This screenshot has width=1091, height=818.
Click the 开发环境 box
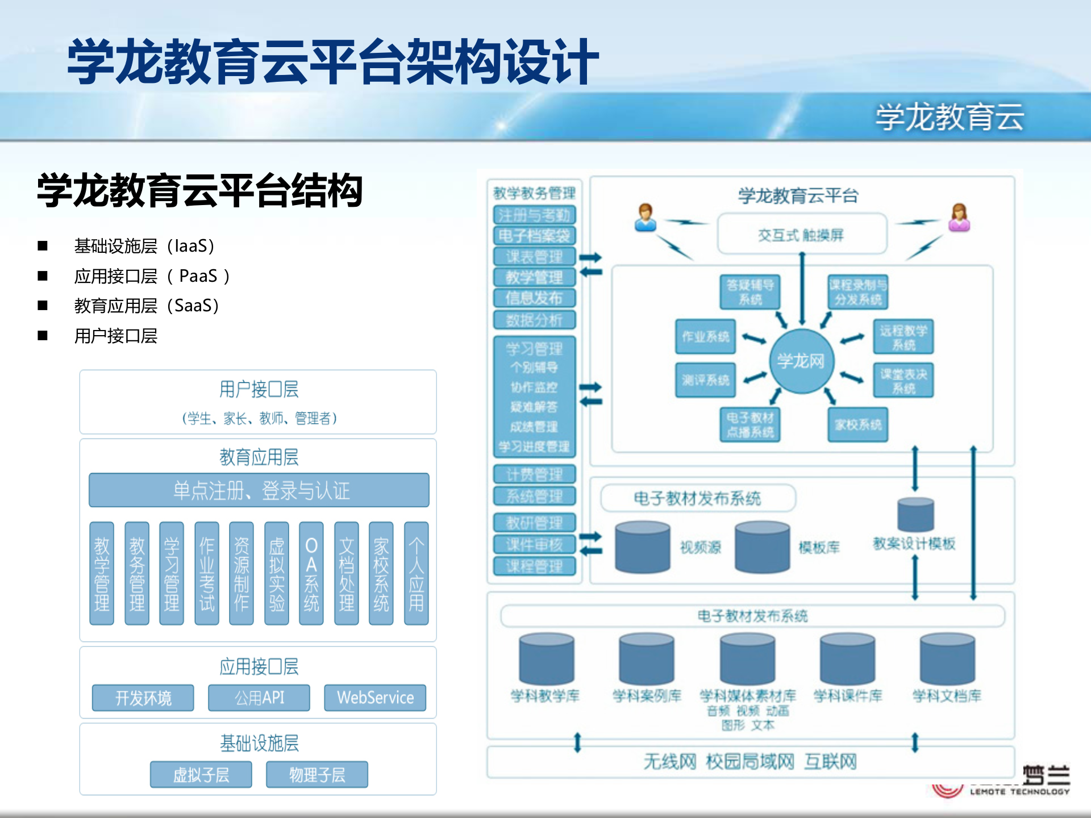(143, 698)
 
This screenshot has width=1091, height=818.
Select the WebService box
(375, 698)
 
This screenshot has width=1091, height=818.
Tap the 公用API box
(259, 698)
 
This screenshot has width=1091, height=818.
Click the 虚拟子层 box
(201, 775)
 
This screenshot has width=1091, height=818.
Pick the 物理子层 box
(317, 775)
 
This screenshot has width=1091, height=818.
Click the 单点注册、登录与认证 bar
(259, 490)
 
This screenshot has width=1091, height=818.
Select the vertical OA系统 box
(311, 574)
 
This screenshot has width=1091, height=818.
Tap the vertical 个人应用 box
(416, 574)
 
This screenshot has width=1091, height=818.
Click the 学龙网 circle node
(801, 361)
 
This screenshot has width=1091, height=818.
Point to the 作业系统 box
(705, 337)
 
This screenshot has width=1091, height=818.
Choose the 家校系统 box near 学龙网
(858, 424)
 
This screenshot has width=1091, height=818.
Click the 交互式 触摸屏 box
(801, 234)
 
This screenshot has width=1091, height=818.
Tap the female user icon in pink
(959, 218)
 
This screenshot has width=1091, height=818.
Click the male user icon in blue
(646, 218)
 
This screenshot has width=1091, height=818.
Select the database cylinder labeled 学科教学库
(546, 659)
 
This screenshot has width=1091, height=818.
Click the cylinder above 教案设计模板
(915, 515)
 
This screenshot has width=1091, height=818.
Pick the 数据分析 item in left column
(534, 320)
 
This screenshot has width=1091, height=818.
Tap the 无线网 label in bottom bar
(669, 762)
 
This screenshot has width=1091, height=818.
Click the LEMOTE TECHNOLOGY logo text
(1019, 791)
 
